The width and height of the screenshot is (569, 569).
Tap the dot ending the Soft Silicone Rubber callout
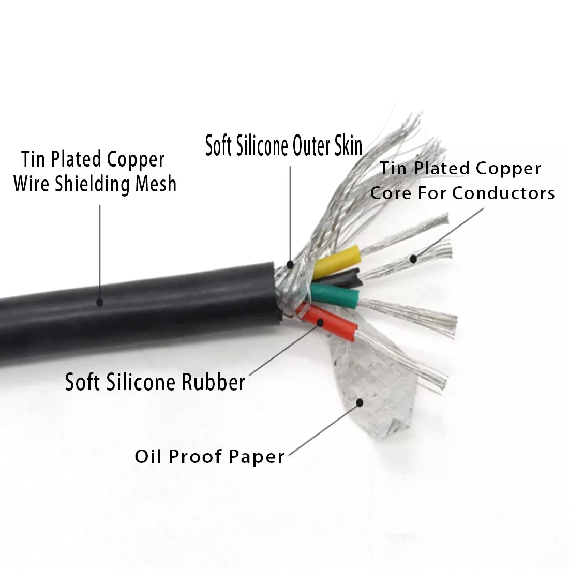321,322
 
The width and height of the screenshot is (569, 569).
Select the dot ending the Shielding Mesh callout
100,302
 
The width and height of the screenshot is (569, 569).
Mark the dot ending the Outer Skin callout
290,265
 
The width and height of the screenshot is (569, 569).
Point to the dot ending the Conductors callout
413,259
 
